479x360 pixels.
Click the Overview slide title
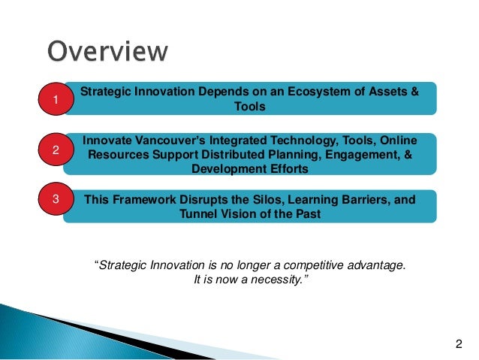107,51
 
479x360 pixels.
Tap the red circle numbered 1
55,99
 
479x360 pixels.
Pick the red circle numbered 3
55,201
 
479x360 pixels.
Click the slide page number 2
459,344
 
